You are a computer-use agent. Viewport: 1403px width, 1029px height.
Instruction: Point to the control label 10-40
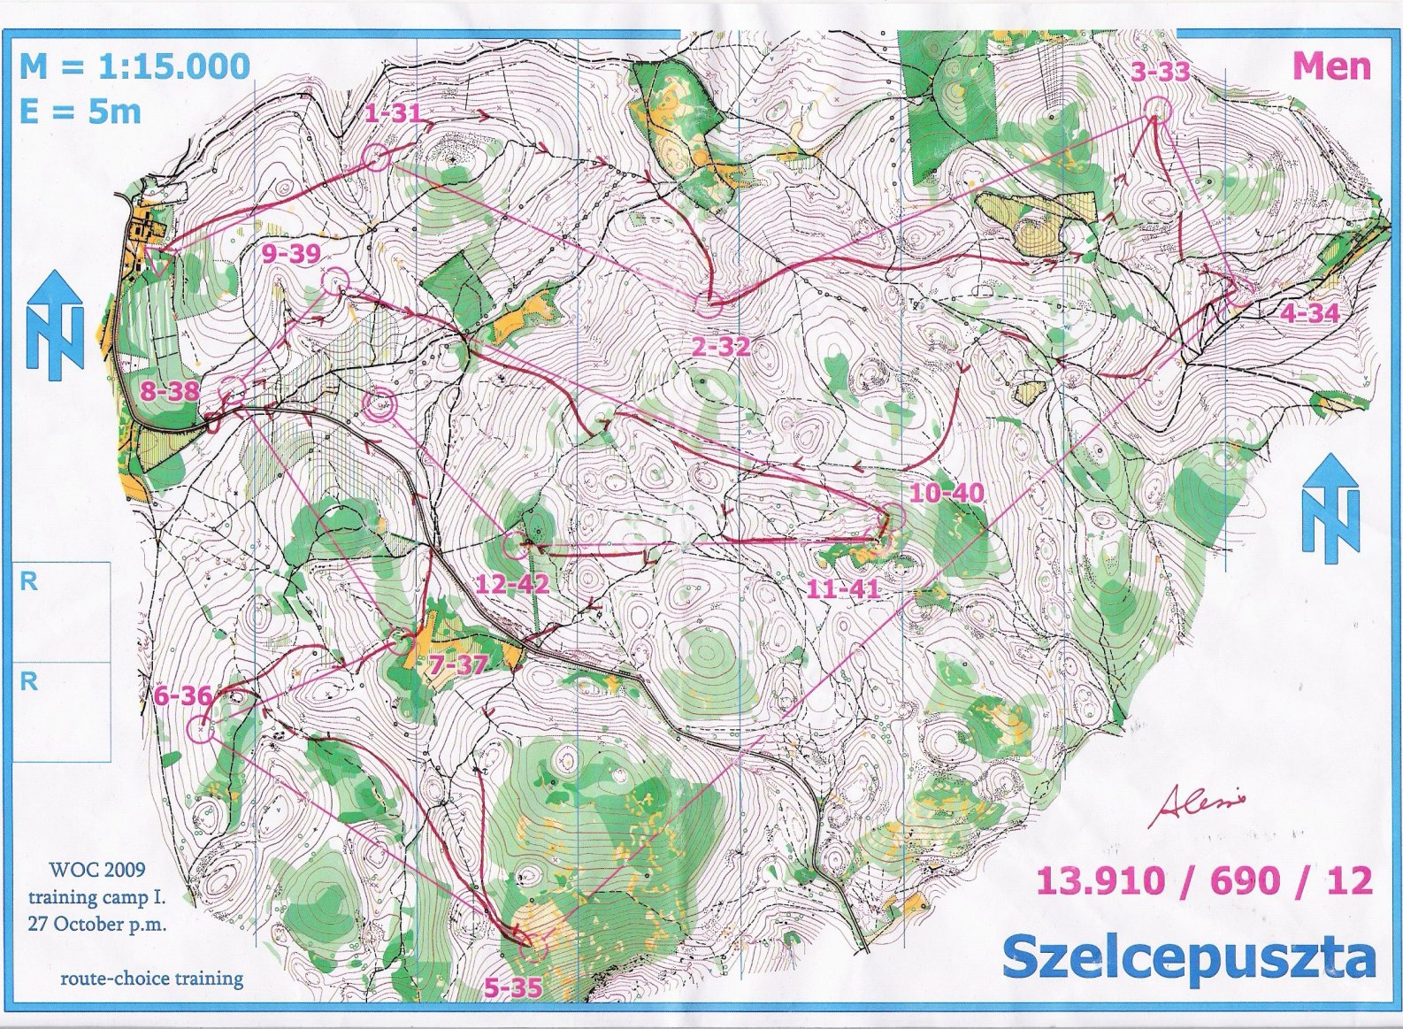(947, 493)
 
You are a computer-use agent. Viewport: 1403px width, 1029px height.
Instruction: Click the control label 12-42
(512, 584)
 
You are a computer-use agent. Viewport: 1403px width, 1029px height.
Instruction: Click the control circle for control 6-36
(200, 730)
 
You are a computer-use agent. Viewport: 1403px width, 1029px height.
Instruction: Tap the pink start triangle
(160, 262)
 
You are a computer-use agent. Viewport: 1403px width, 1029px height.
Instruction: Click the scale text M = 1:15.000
(134, 66)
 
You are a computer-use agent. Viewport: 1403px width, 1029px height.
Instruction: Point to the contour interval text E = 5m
(80, 112)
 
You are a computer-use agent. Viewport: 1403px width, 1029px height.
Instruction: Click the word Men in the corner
(1332, 66)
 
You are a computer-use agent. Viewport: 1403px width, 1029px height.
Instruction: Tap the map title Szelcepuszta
(1188, 958)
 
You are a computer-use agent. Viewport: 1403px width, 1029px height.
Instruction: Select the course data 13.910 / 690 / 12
(1205, 881)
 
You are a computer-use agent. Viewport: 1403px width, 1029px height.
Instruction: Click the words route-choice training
(151, 979)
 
